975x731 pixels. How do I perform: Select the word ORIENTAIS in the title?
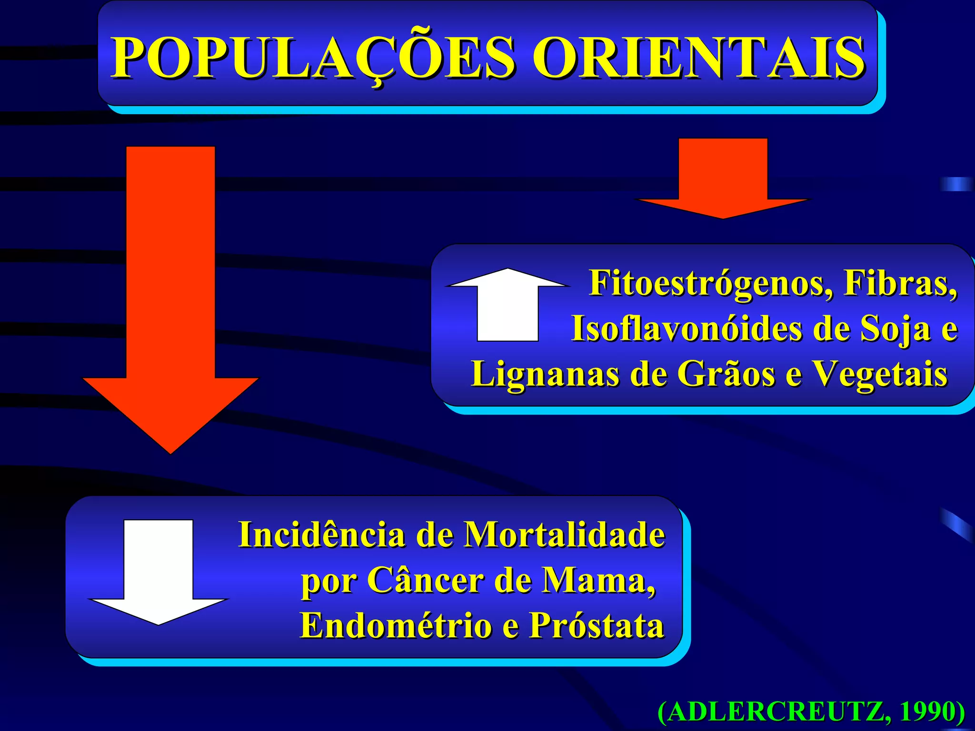click(x=698, y=58)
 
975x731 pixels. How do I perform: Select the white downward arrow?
click(x=159, y=571)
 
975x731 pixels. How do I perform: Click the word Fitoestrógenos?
click(x=711, y=284)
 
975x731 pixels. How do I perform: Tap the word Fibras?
click(x=900, y=284)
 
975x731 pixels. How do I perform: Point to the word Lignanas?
click(x=545, y=374)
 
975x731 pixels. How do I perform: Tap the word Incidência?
click(x=322, y=535)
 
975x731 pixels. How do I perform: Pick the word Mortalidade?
click(x=564, y=535)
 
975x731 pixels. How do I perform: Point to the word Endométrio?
click(x=396, y=625)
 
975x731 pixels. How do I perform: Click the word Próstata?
click(x=597, y=625)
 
